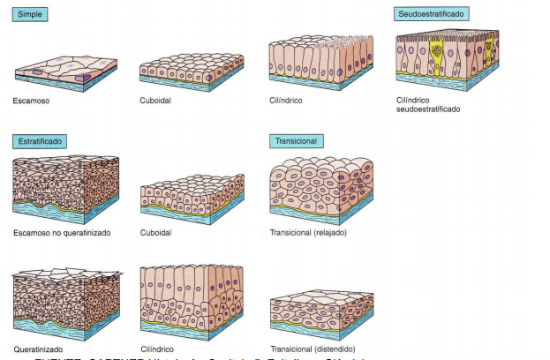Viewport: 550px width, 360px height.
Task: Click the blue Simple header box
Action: (x=29, y=15)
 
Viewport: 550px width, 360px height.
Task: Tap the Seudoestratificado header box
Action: (x=431, y=14)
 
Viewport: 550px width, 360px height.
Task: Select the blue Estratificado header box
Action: (x=40, y=141)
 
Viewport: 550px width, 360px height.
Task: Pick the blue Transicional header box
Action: (x=296, y=141)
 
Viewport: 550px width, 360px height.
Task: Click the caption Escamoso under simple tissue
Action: (x=32, y=101)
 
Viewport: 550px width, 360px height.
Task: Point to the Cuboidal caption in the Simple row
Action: (x=155, y=101)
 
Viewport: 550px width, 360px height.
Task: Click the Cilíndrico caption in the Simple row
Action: (x=286, y=101)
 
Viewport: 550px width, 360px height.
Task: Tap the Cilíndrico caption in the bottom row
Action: (x=158, y=349)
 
